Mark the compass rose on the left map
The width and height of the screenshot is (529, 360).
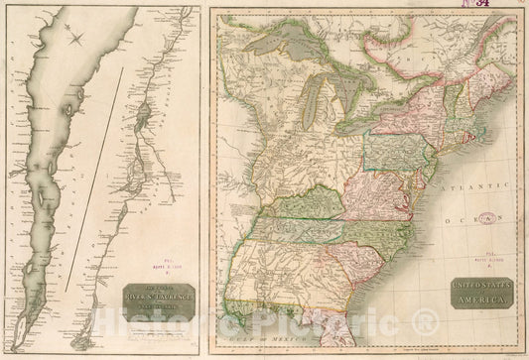point(76,39)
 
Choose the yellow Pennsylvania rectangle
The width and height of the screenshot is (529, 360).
point(395,150)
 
